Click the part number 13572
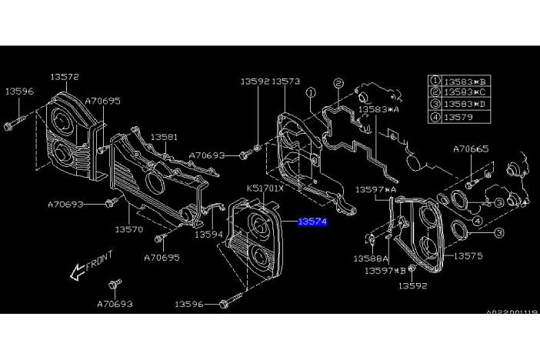tap(65, 77)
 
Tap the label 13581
tap(163, 137)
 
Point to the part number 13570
tap(128, 228)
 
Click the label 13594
tap(207, 235)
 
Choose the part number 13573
tap(285, 81)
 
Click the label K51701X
tap(265, 188)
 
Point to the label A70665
tap(471, 148)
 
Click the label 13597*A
tap(375, 189)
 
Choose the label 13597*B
tap(385, 271)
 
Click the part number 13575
tap(468, 255)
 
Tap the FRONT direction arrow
tap(76, 270)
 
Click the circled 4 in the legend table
tap(435, 118)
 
